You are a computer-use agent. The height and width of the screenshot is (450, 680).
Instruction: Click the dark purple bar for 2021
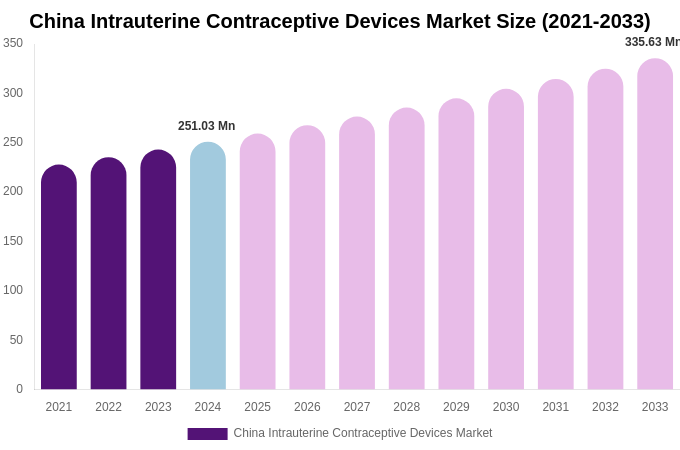pos(59,280)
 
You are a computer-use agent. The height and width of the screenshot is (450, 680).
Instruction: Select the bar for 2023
pos(158,272)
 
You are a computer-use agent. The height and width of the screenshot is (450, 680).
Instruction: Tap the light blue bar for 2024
pos(208,268)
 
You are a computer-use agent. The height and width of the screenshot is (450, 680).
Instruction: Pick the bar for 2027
pos(357,255)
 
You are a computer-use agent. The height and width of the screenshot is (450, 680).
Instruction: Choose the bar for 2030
pos(506,241)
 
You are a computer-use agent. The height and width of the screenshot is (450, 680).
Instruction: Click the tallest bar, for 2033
pos(655,226)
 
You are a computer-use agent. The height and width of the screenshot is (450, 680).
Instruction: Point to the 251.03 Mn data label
pos(207,126)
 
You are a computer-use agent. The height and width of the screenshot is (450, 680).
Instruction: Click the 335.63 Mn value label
pos(652,42)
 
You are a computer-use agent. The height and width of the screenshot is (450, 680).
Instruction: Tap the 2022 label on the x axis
pos(108,407)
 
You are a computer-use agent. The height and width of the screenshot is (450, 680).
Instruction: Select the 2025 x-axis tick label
pos(257,407)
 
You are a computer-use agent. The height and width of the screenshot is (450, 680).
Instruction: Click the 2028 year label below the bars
pos(407,407)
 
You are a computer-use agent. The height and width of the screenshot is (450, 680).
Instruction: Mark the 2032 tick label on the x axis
pos(605,407)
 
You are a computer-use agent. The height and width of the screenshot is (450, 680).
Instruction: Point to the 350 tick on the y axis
pos(13,43)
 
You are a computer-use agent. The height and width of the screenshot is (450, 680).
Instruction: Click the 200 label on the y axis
pos(13,191)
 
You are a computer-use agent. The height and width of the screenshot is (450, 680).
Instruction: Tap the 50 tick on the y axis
pos(16,340)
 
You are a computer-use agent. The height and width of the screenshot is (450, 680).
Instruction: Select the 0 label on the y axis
pos(19,389)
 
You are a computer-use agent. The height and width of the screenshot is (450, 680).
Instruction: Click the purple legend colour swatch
pos(207,434)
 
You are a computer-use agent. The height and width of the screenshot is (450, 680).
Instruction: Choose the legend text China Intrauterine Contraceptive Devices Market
pos(363,433)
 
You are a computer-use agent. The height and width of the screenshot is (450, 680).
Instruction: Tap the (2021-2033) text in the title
pos(596,21)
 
